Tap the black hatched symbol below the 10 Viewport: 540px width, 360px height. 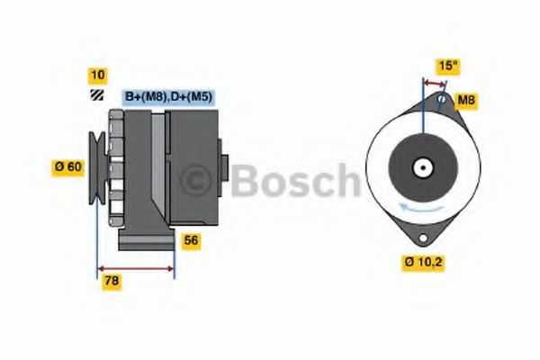(x=95, y=94)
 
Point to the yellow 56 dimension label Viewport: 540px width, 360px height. (x=191, y=240)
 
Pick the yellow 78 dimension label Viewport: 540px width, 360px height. (x=112, y=281)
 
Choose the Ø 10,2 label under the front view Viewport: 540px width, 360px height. (x=421, y=263)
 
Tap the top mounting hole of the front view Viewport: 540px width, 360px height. (x=441, y=99)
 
